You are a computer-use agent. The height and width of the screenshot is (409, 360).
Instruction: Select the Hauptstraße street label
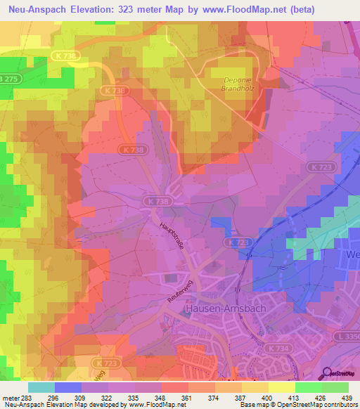(172, 237)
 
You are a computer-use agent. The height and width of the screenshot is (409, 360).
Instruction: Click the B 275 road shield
(8, 79)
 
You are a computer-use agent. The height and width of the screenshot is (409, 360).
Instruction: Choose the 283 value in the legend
(27, 397)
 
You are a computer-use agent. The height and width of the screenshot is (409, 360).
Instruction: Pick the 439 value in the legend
(348, 397)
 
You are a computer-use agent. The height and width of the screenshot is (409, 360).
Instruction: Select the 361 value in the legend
(188, 397)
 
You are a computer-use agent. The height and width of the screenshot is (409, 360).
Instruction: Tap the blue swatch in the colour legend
(67, 387)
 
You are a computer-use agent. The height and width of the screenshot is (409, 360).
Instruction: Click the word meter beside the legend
(9, 397)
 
